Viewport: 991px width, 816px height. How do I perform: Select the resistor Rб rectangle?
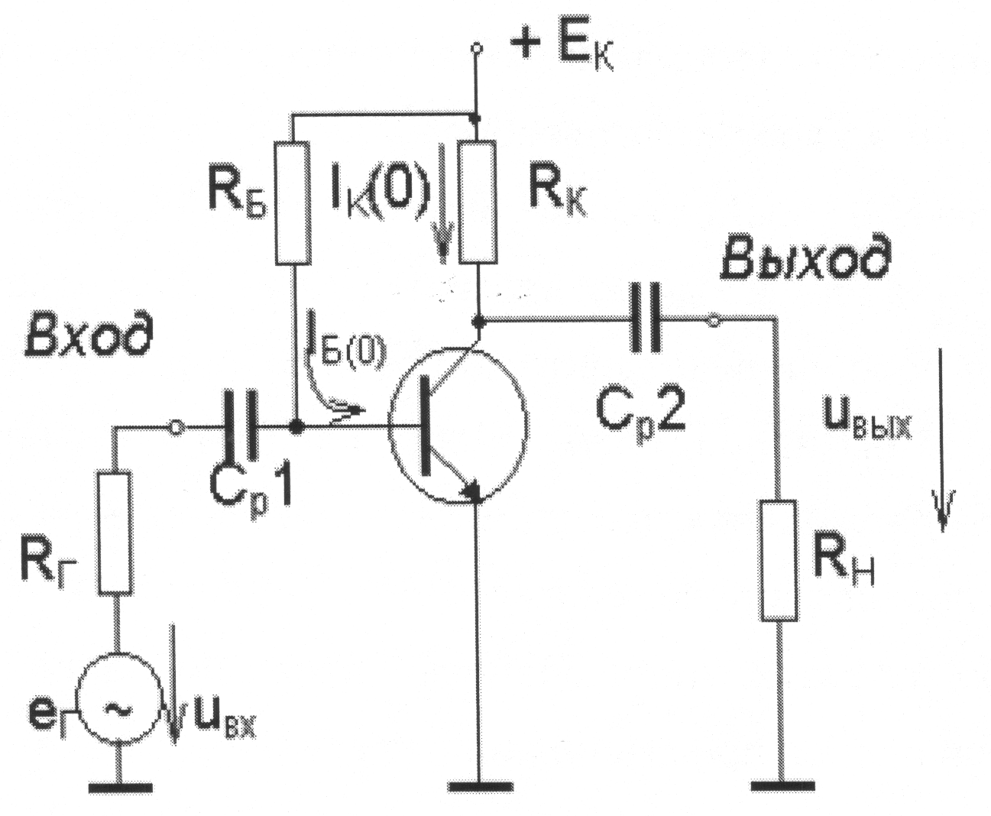coord(293,202)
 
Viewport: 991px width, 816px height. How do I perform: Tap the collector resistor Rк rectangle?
coord(478,202)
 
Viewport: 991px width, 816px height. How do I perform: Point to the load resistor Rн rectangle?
coord(779,560)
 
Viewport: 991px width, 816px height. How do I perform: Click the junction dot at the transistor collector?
coord(478,322)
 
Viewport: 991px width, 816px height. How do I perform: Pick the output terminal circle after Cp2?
coord(712,321)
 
